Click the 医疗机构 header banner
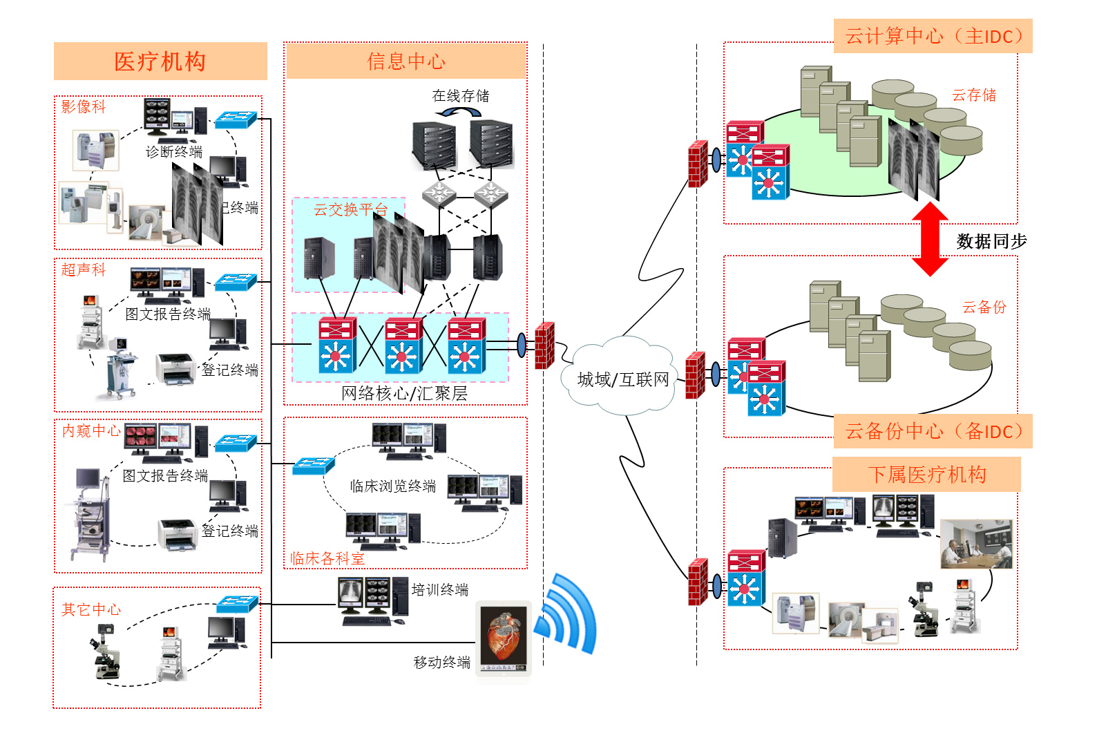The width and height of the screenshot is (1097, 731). point(160,61)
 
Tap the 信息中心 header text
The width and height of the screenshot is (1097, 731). point(406,61)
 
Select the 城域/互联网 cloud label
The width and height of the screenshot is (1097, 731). point(623,379)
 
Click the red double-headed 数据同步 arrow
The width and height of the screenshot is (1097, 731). point(930,239)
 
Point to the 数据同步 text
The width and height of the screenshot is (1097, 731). point(991,242)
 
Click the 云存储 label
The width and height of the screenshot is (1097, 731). point(974,95)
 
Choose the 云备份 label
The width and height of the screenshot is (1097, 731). point(984,307)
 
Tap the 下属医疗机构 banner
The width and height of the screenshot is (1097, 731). point(926,475)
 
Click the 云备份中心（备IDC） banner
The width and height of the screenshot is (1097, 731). point(933,431)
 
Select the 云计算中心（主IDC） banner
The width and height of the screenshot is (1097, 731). point(933,36)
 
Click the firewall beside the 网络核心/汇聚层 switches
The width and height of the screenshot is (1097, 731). point(545,345)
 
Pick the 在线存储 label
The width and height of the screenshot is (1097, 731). point(460,96)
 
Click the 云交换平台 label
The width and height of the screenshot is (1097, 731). point(350,209)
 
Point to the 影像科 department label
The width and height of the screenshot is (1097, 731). point(84,106)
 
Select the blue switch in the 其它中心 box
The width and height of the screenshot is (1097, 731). point(237,604)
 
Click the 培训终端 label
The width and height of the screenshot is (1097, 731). point(440,589)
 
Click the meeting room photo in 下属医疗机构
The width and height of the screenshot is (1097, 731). point(976,544)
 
